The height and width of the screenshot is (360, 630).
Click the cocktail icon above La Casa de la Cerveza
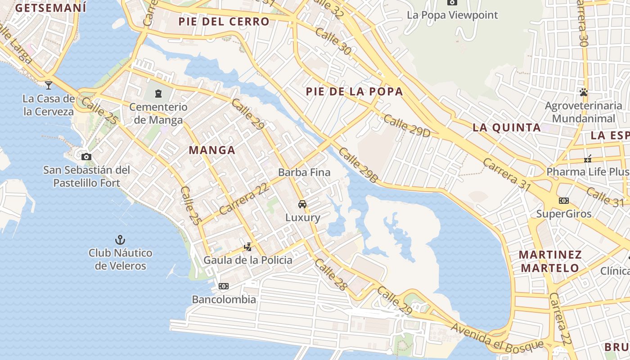pyautogui.click(x=49, y=85)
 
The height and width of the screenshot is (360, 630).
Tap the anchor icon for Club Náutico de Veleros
pyautogui.click(x=120, y=239)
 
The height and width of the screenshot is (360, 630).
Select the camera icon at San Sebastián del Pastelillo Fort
pyautogui.click(x=86, y=157)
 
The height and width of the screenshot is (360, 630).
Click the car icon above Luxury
pyautogui.click(x=302, y=204)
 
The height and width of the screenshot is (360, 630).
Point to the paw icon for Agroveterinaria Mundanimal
pyautogui.click(x=584, y=93)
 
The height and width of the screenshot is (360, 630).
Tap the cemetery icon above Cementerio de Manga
pyautogui.click(x=158, y=94)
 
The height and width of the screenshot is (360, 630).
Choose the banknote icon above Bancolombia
pyautogui.click(x=224, y=286)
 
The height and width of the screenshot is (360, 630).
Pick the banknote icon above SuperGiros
pyautogui.click(x=563, y=201)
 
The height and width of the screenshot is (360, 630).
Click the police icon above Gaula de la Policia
pyautogui.click(x=247, y=247)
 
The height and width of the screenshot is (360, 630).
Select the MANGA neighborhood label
pyautogui.click(x=212, y=150)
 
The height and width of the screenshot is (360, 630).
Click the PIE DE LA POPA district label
pyautogui.click(x=354, y=92)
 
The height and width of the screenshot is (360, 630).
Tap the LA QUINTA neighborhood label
pyautogui.click(x=507, y=127)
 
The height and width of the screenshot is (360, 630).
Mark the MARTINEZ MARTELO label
pyautogui.click(x=550, y=261)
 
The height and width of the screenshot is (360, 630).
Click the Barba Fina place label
pyautogui.click(x=304, y=172)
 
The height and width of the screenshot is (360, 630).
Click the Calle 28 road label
pyautogui.click(x=332, y=274)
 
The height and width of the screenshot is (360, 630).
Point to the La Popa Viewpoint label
pyautogui.click(x=452, y=15)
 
